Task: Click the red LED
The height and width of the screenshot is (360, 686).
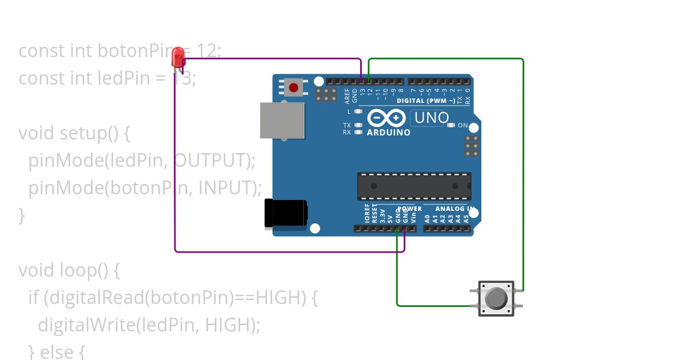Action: pyautogui.click(x=178, y=57)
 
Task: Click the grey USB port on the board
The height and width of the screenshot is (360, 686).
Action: pyautogui.click(x=282, y=120)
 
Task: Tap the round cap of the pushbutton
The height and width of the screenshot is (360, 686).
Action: pyautogui.click(x=496, y=298)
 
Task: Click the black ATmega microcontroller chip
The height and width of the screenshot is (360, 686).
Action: pyautogui.click(x=414, y=186)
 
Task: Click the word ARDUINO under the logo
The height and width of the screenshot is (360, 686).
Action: pyautogui.click(x=389, y=133)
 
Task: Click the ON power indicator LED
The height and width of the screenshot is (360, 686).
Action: pyautogui.click(x=451, y=125)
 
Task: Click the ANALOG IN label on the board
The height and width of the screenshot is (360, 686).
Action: pyautogui.click(x=454, y=209)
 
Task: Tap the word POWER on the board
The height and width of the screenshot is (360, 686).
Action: pyautogui.click(x=409, y=209)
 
